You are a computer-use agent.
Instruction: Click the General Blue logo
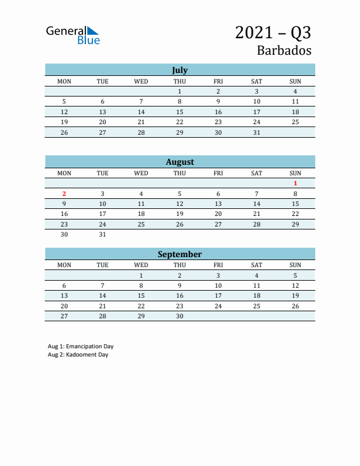[73, 35]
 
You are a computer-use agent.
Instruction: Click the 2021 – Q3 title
[273, 32]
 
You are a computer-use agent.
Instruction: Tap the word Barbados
[284, 50]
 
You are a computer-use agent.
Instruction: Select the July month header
[179, 70]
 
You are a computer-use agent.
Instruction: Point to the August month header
[179, 162]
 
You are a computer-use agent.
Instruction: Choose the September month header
[179, 254]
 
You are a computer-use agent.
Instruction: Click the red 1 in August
[295, 184]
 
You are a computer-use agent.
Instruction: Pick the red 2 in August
[64, 194]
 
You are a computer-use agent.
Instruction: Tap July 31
[256, 132]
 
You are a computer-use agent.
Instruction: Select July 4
[295, 91]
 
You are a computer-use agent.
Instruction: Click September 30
[179, 316]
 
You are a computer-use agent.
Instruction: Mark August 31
[102, 234]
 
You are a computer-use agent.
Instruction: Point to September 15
[141, 296]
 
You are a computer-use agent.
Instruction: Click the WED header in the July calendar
[141, 81]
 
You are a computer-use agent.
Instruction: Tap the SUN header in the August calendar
[295, 173]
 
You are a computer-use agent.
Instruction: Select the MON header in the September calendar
[64, 265]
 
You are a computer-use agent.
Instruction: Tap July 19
[64, 122]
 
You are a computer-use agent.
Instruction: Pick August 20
[218, 214]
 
